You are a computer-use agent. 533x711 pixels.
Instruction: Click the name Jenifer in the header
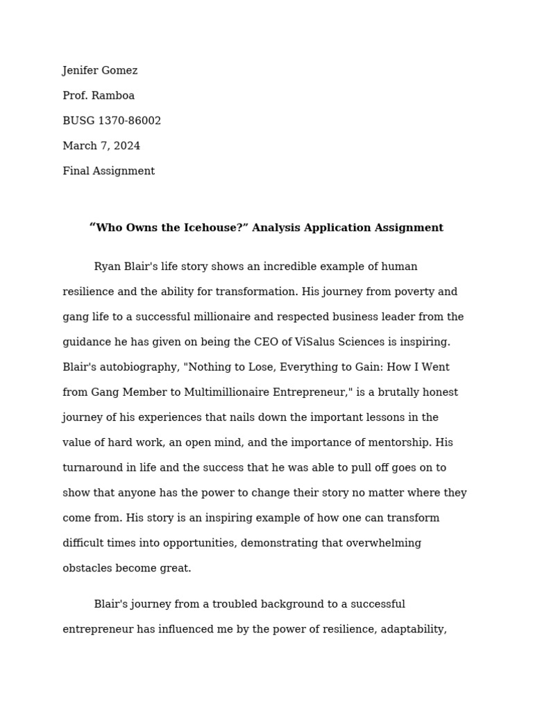click(81, 71)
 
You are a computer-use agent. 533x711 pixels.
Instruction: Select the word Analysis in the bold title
click(273, 228)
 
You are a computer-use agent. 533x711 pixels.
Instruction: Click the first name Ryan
click(107, 267)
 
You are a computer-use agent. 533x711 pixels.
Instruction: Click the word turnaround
click(92, 468)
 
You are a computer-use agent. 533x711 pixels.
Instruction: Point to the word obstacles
click(87, 568)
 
